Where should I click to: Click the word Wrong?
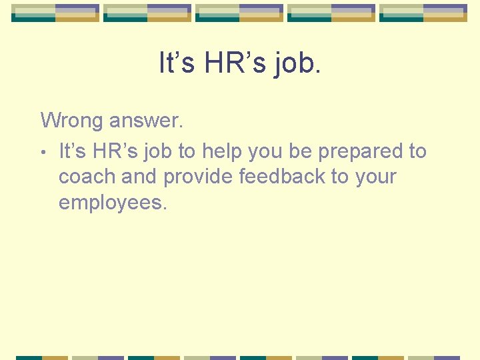72,121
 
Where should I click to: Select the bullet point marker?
43,153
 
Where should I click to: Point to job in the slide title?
297,63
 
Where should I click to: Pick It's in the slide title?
177,63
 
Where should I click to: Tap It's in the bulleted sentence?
73,152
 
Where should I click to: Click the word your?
377,177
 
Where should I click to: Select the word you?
265,152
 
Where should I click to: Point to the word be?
301,152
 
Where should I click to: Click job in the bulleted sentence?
158,152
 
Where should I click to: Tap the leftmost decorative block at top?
55,13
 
